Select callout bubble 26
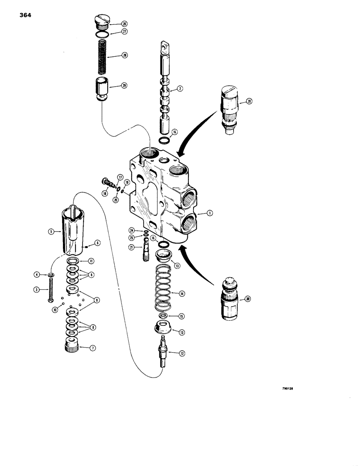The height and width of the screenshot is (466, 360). coord(112,23)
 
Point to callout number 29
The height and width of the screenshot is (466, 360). coord(111,85)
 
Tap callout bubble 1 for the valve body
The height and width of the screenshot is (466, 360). coord(210,213)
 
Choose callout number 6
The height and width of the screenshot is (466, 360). coord(97,242)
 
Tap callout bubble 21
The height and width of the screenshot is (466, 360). coord(132,247)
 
